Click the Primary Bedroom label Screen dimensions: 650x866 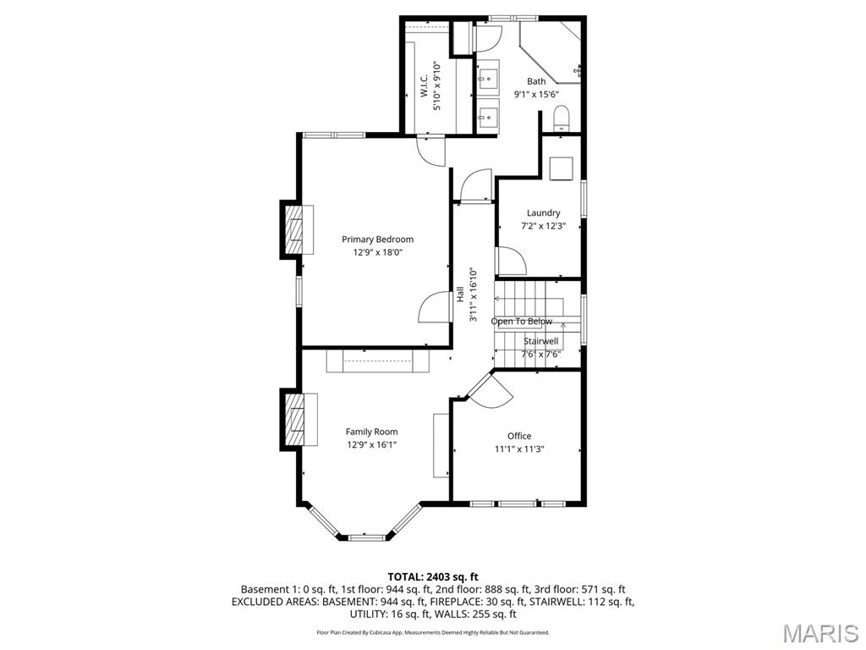[x=377, y=240]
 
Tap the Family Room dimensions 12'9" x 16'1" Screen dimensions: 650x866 [x=371, y=444]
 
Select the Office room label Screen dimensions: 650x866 [x=519, y=436]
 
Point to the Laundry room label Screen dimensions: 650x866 [x=543, y=213]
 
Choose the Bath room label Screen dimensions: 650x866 [x=536, y=81]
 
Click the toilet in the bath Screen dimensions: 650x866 [x=562, y=118]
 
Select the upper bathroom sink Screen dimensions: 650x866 [x=488, y=80]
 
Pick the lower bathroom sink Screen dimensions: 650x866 [x=488, y=115]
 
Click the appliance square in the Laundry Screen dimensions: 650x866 [x=561, y=168]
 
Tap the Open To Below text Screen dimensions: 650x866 [x=522, y=322]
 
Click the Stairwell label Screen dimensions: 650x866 [x=540, y=341]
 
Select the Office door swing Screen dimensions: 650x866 [x=489, y=391]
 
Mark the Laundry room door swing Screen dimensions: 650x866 [x=511, y=261]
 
